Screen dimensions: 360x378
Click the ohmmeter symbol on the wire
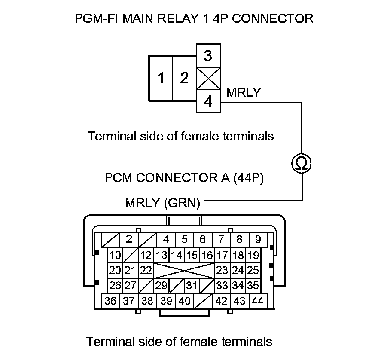(301, 163)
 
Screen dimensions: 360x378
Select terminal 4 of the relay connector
(208, 102)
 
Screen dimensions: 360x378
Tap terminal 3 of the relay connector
(208, 55)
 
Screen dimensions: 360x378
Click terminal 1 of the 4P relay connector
(161, 79)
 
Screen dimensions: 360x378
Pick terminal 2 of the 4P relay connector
(184, 79)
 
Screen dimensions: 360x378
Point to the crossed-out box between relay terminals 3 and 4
(208, 79)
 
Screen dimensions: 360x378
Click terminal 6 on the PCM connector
(203, 239)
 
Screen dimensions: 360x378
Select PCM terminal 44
(258, 301)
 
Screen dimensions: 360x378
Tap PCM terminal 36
(110, 301)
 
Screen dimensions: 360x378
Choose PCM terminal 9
(258, 239)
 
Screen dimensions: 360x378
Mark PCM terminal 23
(222, 270)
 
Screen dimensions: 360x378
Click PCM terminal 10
(115, 255)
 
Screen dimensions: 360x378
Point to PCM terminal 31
(192, 285)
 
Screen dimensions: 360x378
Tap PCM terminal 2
(129, 239)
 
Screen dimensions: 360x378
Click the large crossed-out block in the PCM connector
(184, 270)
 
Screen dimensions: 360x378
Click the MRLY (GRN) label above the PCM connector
(163, 203)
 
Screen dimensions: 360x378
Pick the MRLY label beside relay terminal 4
(243, 92)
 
